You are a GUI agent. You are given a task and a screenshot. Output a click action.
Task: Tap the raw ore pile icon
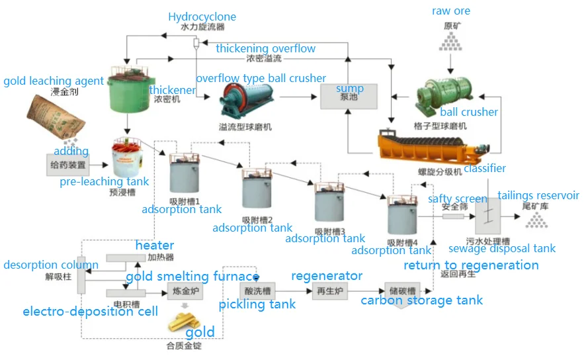click(451, 42)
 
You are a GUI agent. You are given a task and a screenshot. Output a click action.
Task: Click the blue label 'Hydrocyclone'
click(202, 17)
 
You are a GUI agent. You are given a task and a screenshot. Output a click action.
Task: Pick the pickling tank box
click(256, 291)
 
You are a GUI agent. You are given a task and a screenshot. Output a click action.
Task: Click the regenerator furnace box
click(330, 291)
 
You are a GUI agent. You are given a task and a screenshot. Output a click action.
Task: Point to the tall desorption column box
click(81, 275)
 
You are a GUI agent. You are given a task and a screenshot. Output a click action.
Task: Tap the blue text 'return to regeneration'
click(471, 265)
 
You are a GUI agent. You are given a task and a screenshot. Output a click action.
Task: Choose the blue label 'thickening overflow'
click(265, 48)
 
